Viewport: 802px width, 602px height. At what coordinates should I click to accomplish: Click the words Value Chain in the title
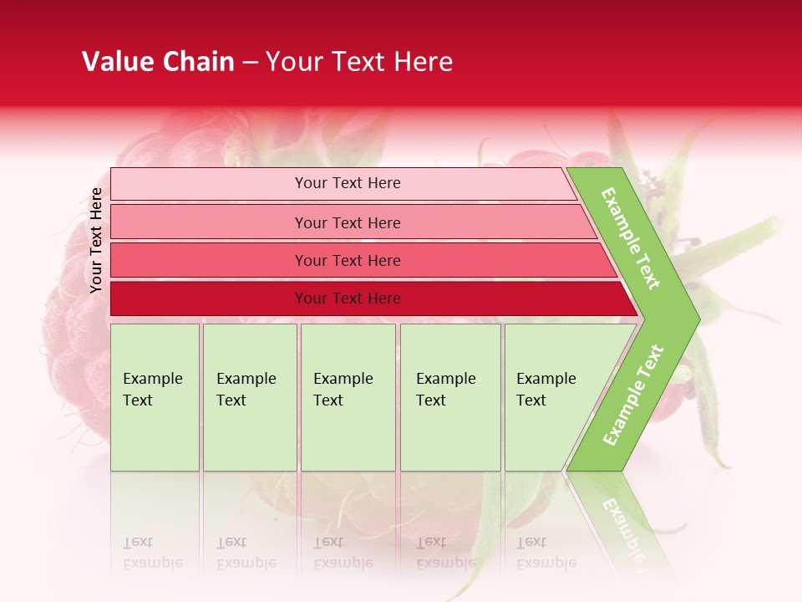pos(158,62)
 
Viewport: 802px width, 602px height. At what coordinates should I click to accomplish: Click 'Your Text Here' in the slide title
pos(359,62)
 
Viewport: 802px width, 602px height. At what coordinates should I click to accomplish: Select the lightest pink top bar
pos(209,184)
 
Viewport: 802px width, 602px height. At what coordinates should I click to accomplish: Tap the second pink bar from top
pos(209,222)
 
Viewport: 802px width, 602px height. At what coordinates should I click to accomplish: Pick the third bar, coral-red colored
pos(209,260)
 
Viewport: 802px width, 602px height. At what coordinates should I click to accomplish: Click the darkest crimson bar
pos(209,298)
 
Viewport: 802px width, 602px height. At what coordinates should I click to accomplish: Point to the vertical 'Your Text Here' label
pos(96,240)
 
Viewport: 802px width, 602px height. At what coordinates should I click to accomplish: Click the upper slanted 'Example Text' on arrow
pos(631,238)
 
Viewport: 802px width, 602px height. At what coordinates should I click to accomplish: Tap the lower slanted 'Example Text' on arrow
pos(633,395)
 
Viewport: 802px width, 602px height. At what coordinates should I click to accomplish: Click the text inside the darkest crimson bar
pos(348,298)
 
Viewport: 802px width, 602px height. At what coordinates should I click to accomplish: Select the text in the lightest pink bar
pos(348,183)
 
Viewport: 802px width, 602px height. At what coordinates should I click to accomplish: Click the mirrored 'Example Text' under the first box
pos(152,552)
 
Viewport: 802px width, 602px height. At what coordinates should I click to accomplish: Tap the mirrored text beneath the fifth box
pos(546,552)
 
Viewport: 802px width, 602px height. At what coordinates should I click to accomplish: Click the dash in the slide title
pos(250,63)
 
